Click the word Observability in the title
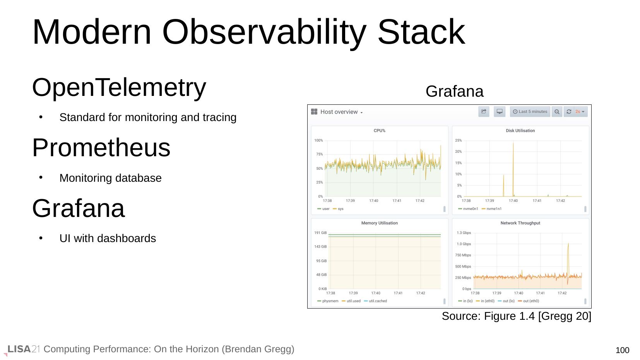264,32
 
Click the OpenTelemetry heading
119,87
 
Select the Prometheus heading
101,148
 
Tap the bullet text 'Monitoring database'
110,178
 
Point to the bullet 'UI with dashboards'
108,238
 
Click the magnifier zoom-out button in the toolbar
557,112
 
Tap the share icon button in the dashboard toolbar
484,112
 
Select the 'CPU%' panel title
380,130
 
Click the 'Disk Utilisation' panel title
520,130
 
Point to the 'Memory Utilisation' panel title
380,223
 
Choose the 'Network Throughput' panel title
520,223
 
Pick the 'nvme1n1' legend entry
492,209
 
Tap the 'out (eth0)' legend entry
529,301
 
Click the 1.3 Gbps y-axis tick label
464,233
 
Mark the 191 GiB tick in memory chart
320,233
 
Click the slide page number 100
622,350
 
